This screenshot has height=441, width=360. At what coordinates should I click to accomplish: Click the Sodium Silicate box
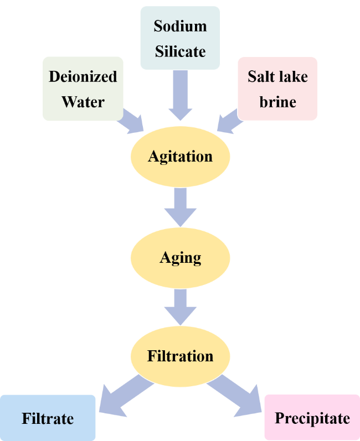tap(180, 38)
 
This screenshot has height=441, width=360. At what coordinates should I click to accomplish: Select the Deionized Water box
tap(83, 89)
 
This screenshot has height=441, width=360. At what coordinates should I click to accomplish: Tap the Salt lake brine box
tap(277, 89)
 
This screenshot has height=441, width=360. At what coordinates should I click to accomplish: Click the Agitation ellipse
tap(180, 157)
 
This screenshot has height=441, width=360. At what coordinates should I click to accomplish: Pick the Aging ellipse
tap(180, 257)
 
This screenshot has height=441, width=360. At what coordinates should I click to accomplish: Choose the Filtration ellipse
tap(180, 356)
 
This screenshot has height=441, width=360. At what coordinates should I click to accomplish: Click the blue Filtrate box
tap(48, 418)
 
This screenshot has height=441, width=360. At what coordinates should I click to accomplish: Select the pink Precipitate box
tap(312, 418)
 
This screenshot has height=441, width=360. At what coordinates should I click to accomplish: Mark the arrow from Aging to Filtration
tap(180, 307)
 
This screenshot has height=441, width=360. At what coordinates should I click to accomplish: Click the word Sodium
tap(180, 26)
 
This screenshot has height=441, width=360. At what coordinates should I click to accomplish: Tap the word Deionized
tap(83, 76)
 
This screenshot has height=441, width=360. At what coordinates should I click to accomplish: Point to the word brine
tap(277, 102)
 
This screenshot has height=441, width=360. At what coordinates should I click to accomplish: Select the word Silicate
tap(180, 51)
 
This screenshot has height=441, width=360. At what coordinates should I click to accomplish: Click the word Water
tap(83, 102)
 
